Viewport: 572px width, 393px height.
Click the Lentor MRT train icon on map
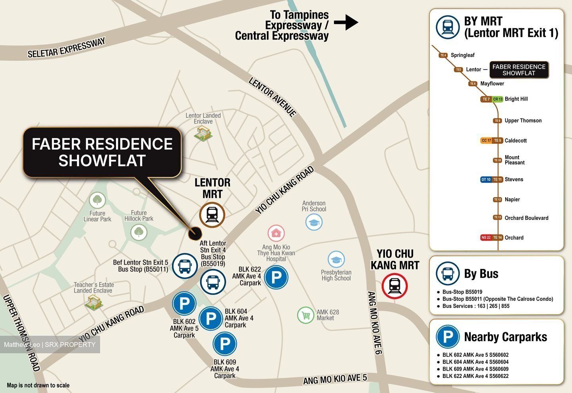[x=212, y=215]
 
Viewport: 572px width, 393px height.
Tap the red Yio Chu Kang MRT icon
[x=394, y=286]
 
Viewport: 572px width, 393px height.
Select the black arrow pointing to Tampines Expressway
[x=346, y=22]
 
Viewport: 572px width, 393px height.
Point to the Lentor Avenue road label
[x=272, y=97]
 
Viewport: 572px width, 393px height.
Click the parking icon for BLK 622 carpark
[x=276, y=277]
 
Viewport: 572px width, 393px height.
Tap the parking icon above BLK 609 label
[x=225, y=344]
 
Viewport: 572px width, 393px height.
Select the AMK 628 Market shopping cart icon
[x=305, y=316]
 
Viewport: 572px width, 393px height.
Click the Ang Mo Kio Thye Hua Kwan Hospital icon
[x=276, y=233]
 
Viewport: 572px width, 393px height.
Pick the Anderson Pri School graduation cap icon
[x=314, y=222]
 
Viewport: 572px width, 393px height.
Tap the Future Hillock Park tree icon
[x=139, y=231]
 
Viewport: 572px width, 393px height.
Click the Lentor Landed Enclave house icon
[x=203, y=133]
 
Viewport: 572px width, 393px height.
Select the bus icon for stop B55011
[x=185, y=266]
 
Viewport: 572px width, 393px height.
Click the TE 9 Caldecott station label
[x=498, y=140]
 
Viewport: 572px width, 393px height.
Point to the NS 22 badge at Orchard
[x=486, y=238]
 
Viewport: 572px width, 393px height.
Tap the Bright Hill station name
[x=516, y=99]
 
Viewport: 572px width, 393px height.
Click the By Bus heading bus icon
[x=448, y=274]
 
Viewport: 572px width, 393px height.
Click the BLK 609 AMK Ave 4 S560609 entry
[x=475, y=369]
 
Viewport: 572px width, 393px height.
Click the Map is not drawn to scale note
[x=38, y=385]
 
